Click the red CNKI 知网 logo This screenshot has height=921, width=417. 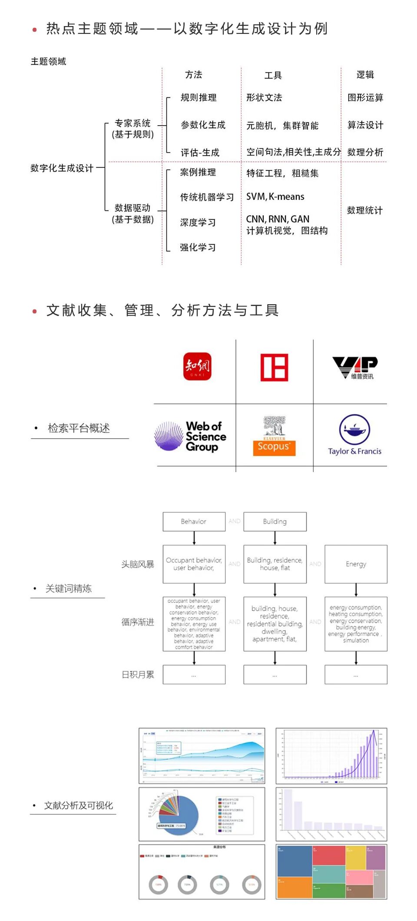(x=197, y=366)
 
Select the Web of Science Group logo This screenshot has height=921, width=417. (x=191, y=436)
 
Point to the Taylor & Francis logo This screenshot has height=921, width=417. (x=355, y=435)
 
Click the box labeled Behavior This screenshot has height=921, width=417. (x=194, y=522)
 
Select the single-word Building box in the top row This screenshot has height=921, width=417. (x=275, y=522)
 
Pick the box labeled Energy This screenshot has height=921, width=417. (x=356, y=564)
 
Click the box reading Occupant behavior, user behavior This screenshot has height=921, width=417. (x=194, y=564)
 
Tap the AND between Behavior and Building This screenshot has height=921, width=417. (x=235, y=521)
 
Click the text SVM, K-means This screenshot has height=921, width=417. (x=275, y=197)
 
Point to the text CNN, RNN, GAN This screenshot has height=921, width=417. (x=278, y=219)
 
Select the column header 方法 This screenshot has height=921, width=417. (x=193, y=75)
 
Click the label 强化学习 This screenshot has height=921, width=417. (x=198, y=248)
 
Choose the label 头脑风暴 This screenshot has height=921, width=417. (x=138, y=564)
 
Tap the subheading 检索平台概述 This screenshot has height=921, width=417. (x=79, y=429)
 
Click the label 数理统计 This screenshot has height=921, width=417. (x=365, y=210)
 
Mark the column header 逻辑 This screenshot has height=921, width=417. (x=365, y=75)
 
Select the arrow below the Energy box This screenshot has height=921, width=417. (x=356, y=590)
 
